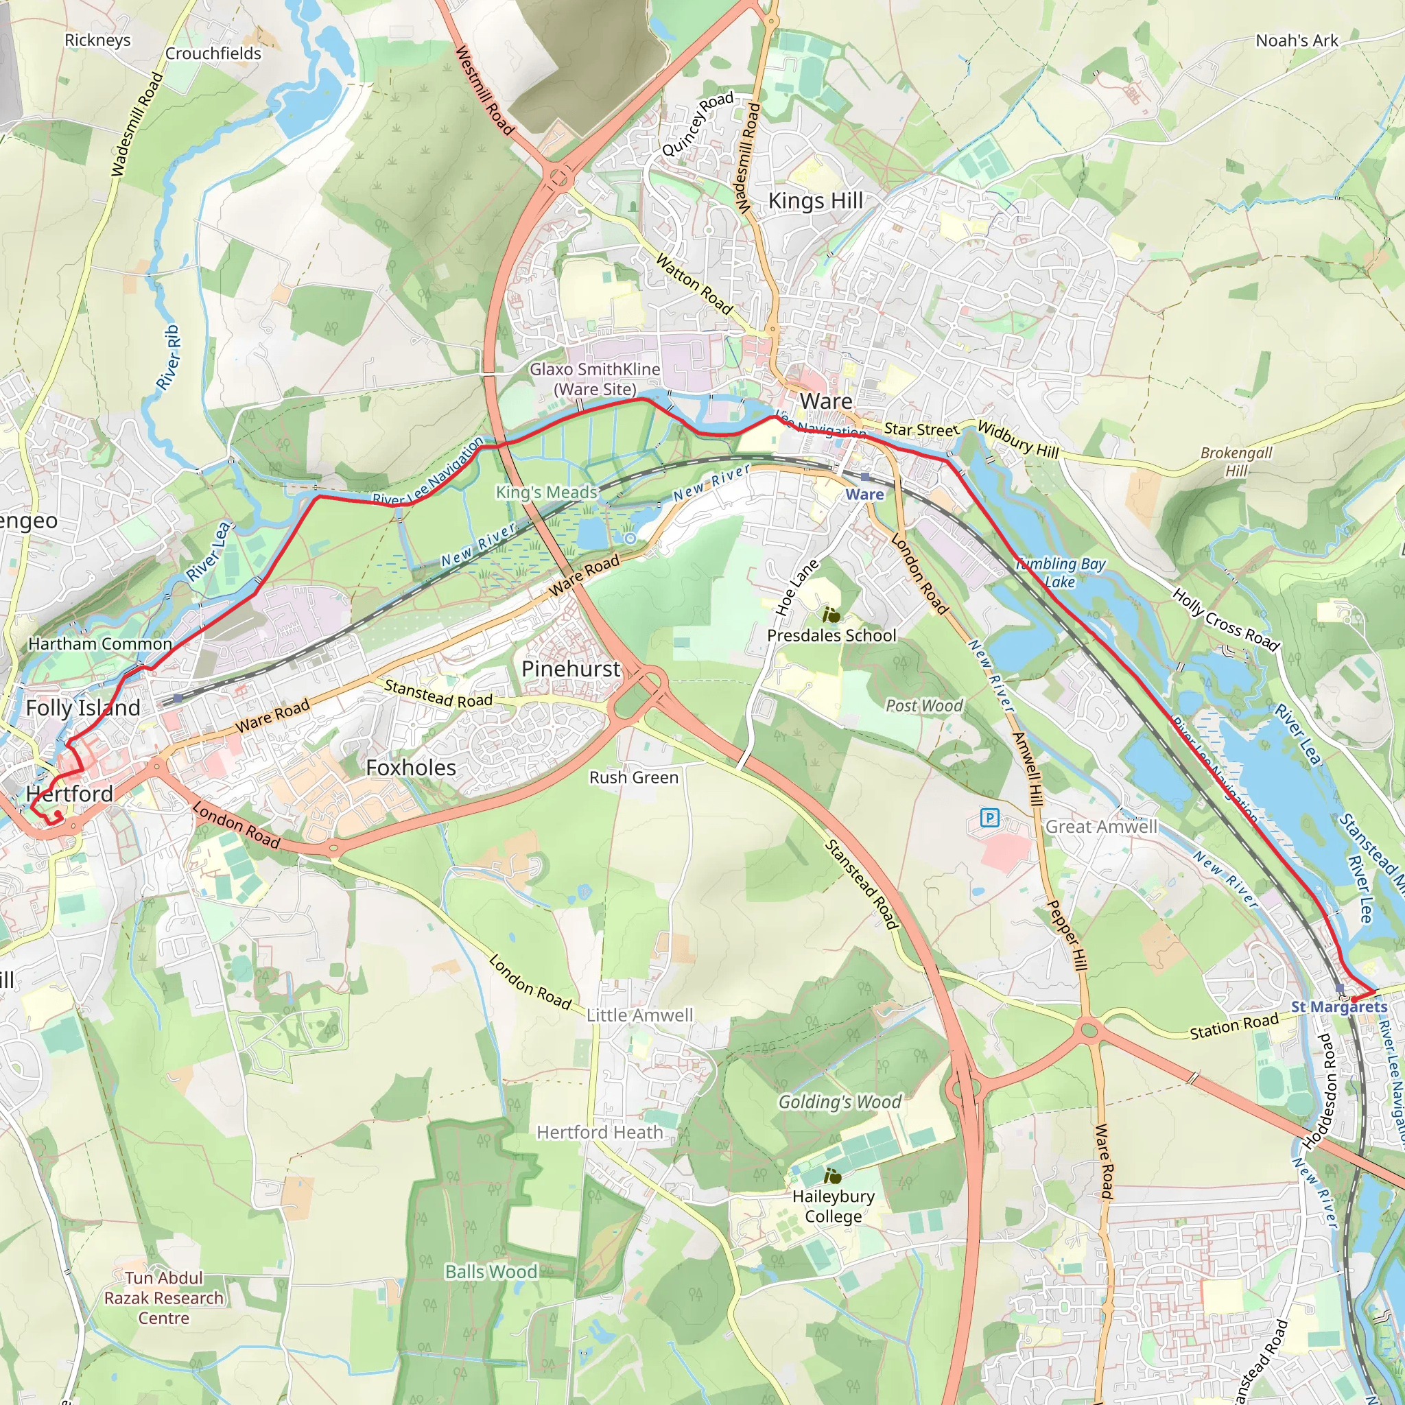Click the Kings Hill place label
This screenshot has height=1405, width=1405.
point(815,201)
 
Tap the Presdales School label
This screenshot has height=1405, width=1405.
point(831,635)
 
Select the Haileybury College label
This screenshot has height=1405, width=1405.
point(834,1206)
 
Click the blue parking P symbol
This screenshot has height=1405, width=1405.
point(989,819)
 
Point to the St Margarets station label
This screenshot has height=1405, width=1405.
point(1339,1006)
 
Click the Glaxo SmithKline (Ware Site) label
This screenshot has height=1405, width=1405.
point(595,379)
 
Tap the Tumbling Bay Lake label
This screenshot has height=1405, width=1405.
point(1061,572)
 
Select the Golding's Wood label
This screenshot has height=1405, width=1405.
point(839,1102)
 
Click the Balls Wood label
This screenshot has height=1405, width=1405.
point(492,1271)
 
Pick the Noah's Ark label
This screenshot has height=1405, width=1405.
point(1297,40)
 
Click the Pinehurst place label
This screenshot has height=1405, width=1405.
point(571,668)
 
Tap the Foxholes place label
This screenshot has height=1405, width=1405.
point(411,767)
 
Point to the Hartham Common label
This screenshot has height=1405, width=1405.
point(100,644)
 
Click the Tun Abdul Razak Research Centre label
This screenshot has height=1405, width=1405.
point(164,1298)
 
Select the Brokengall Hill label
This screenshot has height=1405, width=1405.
point(1236,461)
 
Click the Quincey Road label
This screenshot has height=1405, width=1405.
point(697,123)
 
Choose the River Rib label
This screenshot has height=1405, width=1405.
point(169,357)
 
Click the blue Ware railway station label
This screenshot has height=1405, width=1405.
point(864,494)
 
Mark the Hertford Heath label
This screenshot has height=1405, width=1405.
point(600,1132)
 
